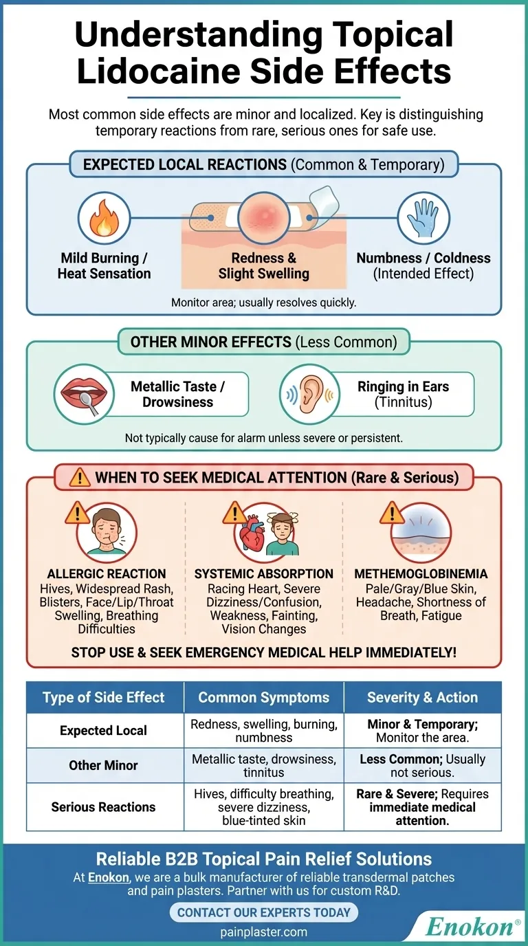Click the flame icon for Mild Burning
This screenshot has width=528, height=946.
click(104, 218)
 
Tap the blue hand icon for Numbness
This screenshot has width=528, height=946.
click(423, 218)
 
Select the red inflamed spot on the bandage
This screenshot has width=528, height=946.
click(263, 218)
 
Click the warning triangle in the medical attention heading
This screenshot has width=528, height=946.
click(79, 476)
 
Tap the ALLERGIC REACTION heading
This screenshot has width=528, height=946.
click(107, 573)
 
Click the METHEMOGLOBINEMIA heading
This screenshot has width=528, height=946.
click(421, 573)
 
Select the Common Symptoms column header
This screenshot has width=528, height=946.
click(263, 697)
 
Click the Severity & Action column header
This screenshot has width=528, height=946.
click(422, 697)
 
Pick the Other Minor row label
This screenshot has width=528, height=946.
click(104, 765)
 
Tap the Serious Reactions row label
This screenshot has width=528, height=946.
click(104, 806)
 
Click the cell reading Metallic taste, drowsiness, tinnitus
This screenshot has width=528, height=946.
click(263, 765)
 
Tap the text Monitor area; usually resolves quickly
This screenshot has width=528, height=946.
click(263, 302)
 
